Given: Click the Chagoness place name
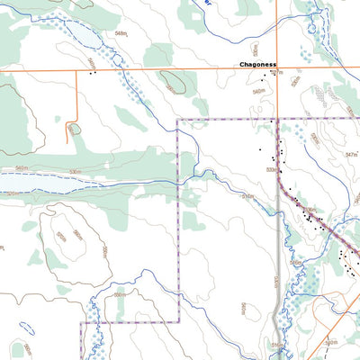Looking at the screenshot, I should click(x=259, y=65).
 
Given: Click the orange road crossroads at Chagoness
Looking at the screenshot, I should click(x=277, y=69).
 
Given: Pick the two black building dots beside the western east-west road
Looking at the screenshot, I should click(x=92, y=74).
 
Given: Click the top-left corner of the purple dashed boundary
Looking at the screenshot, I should click(x=177, y=119).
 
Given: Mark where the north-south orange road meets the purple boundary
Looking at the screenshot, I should click(x=277, y=119).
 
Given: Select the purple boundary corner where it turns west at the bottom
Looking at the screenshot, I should click(x=177, y=322).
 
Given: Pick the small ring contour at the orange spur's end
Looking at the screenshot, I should click(x=74, y=129).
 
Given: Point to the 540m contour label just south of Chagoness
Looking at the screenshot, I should click(x=258, y=92).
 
